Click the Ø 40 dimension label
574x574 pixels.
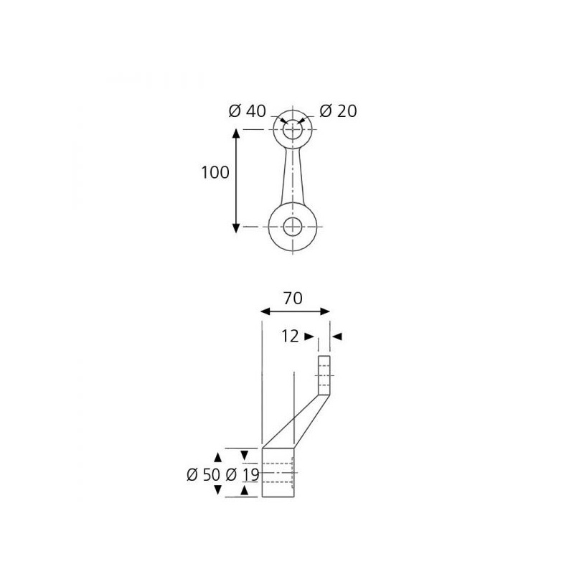pyautogui.click(x=247, y=111)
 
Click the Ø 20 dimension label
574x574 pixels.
pyautogui.click(x=338, y=111)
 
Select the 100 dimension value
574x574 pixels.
pyautogui.click(x=215, y=172)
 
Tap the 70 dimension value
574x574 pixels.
pyautogui.click(x=293, y=298)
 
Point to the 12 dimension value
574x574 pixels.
pyautogui.click(x=290, y=336)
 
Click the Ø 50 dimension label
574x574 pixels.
pyautogui.click(x=203, y=475)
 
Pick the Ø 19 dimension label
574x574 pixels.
pyautogui.click(x=243, y=475)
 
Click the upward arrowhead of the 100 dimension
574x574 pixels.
pyautogui.click(x=236, y=133)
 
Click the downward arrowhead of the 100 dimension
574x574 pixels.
pyautogui.click(x=236, y=228)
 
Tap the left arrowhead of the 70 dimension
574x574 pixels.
pyautogui.click(x=265, y=311)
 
